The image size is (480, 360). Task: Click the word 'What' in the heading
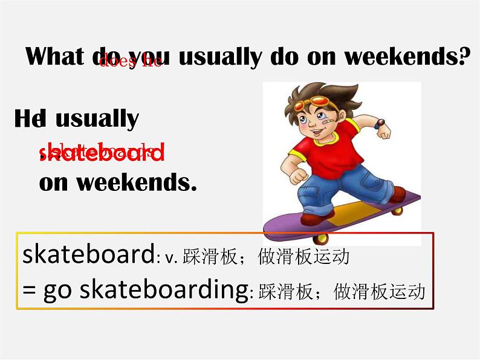tap(55, 57)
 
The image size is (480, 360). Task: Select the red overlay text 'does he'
tap(130, 61)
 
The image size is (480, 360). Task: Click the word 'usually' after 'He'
tap(97, 118)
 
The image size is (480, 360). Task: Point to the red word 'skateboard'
tap(102, 153)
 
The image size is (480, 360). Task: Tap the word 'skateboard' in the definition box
tap(88, 255)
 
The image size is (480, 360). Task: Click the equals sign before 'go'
tap(29, 291)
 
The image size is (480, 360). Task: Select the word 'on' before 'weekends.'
tap(53, 182)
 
